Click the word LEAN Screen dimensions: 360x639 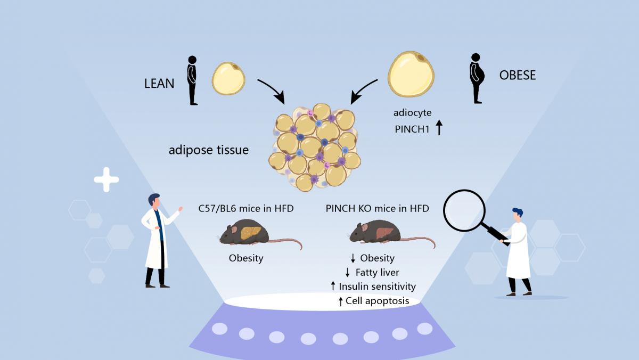(x=159, y=84)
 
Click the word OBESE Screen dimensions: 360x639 (x=517, y=75)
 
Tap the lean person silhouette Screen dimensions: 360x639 (x=192, y=80)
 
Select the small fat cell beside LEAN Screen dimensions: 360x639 (x=228, y=78)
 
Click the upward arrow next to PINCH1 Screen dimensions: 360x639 (x=439, y=128)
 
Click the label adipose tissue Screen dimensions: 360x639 (x=209, y=150)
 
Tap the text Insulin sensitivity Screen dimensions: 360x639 (x=377, y=287)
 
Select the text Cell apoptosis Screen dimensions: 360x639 (x=377, y=301)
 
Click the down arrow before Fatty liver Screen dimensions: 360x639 (x=348, y=273)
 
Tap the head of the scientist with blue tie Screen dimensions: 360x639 (x=154, y=201)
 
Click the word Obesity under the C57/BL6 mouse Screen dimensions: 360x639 (x=246, y=258)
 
